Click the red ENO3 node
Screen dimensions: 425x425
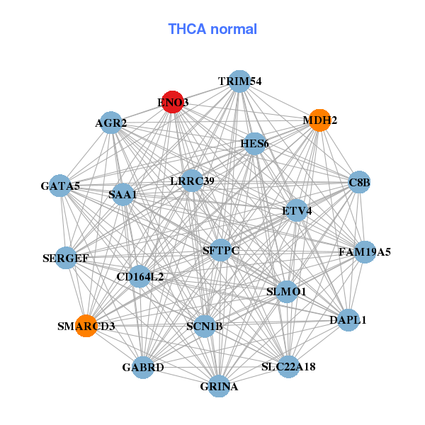[x=173, y=102]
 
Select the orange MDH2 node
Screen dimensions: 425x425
[x=319, y=120]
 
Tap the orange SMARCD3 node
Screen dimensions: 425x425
[x=86, y=326]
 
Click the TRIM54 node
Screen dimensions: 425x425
[x=239, y=81]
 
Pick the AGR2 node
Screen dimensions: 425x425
[x=110, y=123]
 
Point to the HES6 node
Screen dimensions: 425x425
[x=254, y=144]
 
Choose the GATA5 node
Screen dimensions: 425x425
[x=60, y=186]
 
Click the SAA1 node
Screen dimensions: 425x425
[x=123, y=194]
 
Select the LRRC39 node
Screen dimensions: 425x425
[x=191, y=181]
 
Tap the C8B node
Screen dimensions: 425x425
[x=359, y=183]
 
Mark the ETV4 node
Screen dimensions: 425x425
[x=296, y=210]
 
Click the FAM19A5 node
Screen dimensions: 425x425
[x=364, y=251]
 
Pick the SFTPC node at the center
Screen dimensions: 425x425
[x=220, y=250]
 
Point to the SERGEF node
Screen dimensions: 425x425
[x=66, y=258]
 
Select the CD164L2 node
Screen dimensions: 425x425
[x=140, y=276]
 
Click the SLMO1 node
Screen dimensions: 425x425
[x=286, y=291]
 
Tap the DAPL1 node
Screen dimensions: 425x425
[x=348, y=319]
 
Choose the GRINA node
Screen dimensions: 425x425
[x=219, y=386]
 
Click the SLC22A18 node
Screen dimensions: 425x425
[x=288, y=366]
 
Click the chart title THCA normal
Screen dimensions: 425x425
[x=212, y=29]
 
